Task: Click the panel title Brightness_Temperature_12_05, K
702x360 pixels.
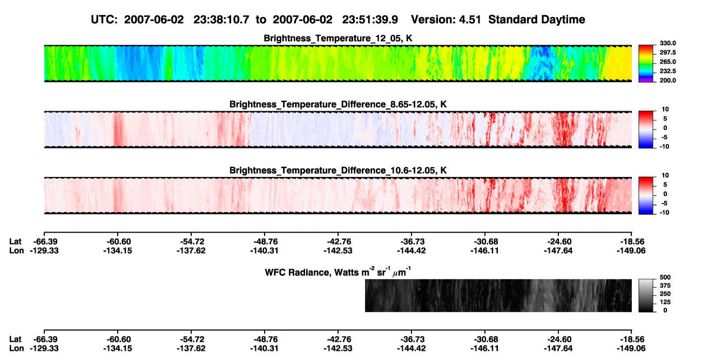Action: (338, 38)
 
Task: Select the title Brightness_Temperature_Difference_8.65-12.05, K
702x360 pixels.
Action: (338, 104)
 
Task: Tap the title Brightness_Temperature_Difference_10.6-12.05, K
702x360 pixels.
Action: (338, 171)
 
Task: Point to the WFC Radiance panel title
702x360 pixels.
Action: (338, 271)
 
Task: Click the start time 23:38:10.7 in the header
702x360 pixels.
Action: (221, 19)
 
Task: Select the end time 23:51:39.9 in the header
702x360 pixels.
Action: (370, 19)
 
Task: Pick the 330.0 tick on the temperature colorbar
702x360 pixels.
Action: (667, 43)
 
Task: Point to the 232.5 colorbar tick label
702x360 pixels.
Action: (667, 71)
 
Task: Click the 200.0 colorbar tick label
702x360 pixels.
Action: (667, 80)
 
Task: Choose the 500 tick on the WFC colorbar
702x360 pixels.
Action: (665, 277)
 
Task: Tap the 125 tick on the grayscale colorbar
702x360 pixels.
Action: (665, 302)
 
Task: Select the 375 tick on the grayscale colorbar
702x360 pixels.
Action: (665, 286)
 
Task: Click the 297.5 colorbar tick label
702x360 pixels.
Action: (667, 52)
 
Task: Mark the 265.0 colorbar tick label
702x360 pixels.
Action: (667, 62)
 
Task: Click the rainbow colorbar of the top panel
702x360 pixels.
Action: (646, 64)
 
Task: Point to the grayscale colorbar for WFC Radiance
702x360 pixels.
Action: (646, 295)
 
